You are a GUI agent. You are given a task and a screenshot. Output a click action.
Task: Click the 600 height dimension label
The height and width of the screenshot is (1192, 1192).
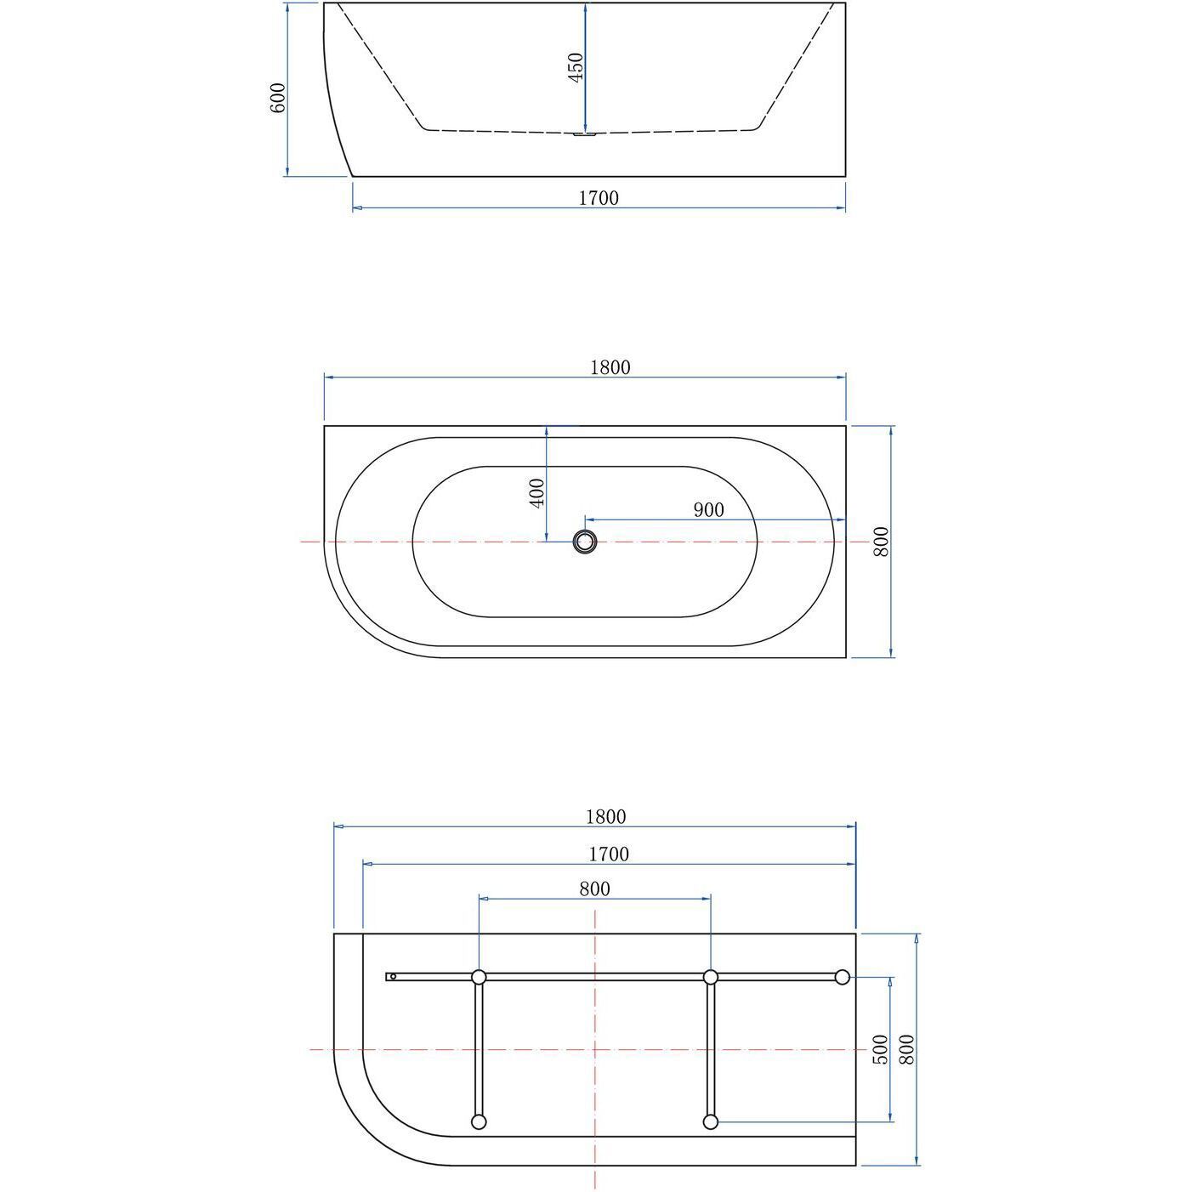[x=278, y=98]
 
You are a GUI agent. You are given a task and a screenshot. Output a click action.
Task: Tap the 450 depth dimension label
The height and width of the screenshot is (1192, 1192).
[x=576, y=67]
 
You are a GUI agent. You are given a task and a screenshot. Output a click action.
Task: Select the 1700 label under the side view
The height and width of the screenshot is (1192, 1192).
[x=599, y=198]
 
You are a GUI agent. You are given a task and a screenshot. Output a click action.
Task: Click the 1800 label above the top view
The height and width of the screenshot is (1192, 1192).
[x=610, y=367]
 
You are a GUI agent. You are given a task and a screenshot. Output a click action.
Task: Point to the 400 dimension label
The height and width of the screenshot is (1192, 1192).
[x=537, y=493]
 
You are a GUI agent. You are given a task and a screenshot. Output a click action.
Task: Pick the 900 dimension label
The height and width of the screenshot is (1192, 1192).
[x=708, y=510]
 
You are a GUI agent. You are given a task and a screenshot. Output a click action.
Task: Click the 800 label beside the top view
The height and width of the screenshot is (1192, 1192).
[x=880, y=542]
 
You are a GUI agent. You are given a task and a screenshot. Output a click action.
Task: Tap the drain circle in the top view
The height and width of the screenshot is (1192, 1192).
[x=585, y=542]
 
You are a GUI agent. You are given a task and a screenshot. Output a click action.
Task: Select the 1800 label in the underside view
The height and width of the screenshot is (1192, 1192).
[x=605, y=817]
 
